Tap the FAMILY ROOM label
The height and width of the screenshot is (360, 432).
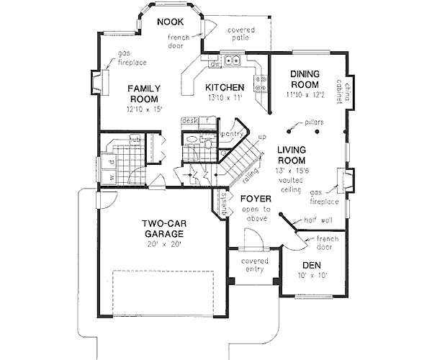[x=144, y=94]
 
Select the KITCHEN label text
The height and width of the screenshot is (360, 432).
[x=224, y=88]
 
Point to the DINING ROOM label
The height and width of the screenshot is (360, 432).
[x=310, y=78]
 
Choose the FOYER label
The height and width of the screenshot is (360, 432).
[x=255, y=199]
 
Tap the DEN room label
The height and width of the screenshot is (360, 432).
[x=310, y=264]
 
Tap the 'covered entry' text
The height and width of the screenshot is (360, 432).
[x=255, y=265]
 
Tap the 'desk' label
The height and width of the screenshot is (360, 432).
[x=190, y=120]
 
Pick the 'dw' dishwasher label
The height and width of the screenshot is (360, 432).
[x=215, y=65]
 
